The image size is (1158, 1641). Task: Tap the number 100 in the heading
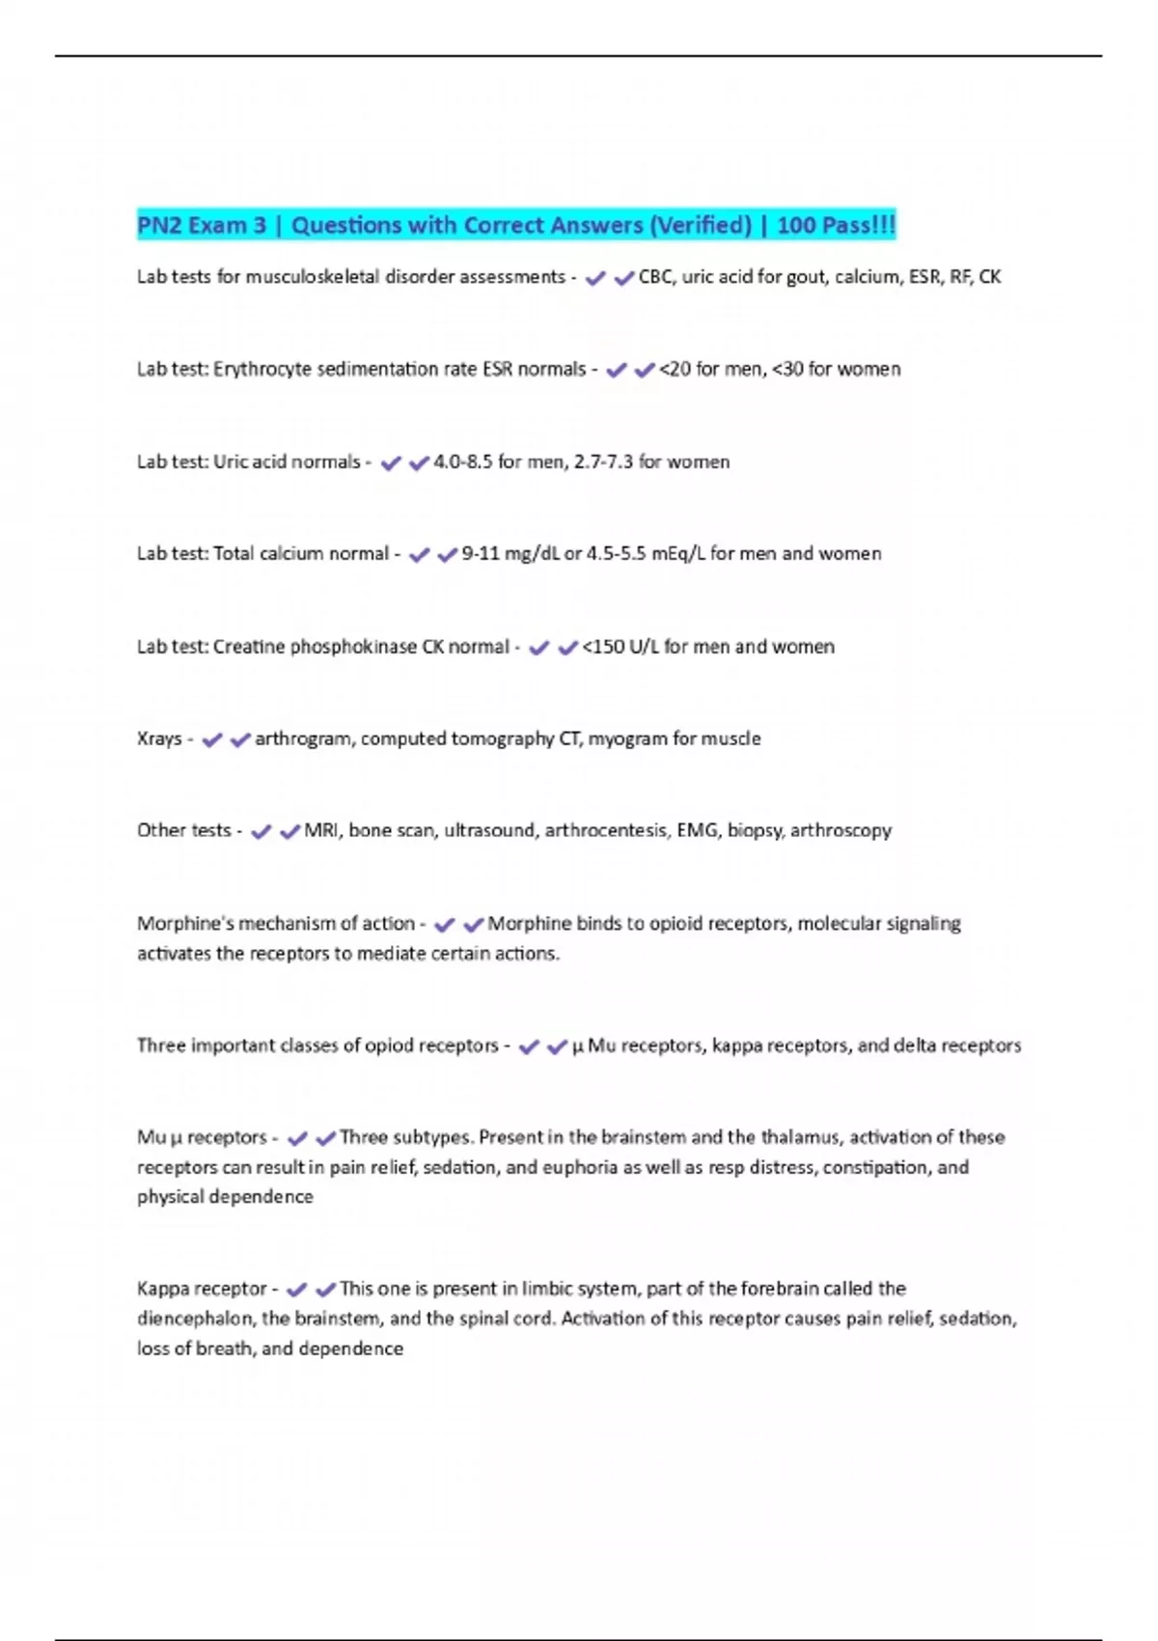[x=796, y=226]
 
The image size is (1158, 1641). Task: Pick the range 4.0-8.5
[x=462, y=462]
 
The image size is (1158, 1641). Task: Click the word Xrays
[x=159, y=739]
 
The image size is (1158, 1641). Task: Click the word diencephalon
[x=196, y=1319]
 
